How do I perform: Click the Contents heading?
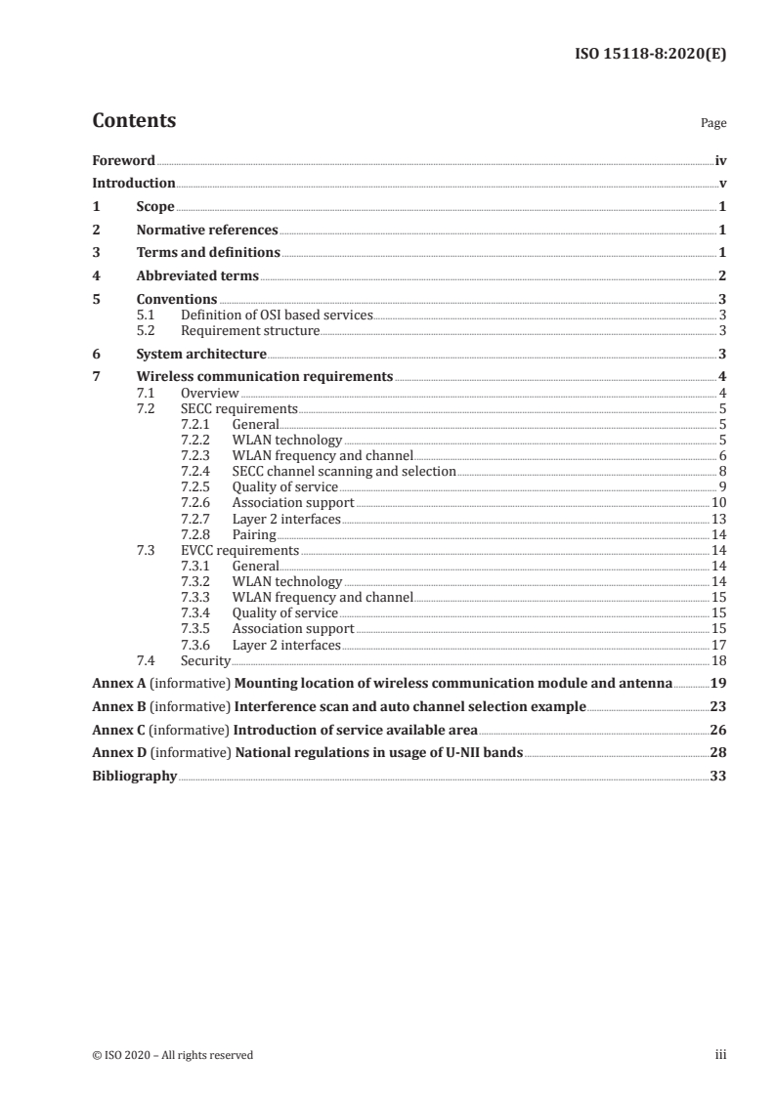click(134, 121)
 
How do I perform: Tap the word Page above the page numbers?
click(713, 124)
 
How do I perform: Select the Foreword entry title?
click(123, 160)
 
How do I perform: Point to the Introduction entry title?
click(134, 184)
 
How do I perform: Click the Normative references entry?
click(207, 231)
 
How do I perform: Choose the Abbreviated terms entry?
click(197, 276)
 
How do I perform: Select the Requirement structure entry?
click(250, 331)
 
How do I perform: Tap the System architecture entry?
click(201, 354)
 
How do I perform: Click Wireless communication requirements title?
click(265, 377)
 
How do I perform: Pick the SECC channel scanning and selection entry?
click(344, 471)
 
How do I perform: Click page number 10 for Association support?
click(718, 503)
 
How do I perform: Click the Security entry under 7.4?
click(204, 660)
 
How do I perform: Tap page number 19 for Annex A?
click(718, 684)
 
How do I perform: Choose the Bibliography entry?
click(134, 777)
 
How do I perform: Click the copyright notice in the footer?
click(173, 1055)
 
